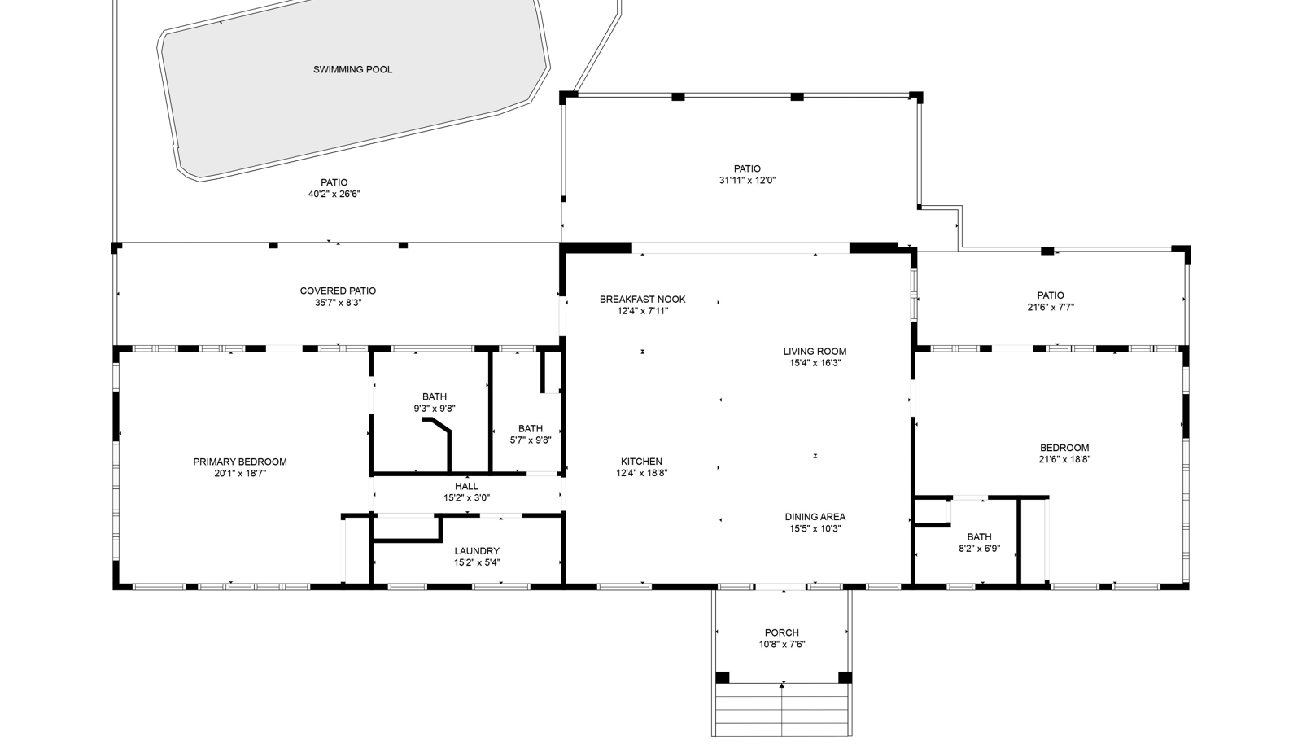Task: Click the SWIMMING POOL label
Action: click(353, 70)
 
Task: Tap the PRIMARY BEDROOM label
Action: click(240, 462)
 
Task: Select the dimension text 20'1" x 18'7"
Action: click(240, 474)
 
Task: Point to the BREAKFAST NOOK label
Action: click(643, 300)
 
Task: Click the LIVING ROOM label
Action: click(815, 352)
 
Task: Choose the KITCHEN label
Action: click(642, 462)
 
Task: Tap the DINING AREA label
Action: click(815, 517)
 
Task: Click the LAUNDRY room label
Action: click(477, 551)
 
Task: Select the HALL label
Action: click(467, 487)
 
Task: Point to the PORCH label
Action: click(782, 632)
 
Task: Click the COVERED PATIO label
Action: click(339, 291)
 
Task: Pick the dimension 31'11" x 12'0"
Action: click(748, 180)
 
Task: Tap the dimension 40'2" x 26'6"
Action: click(334, 194)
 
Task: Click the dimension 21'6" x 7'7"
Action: click(1051, 307)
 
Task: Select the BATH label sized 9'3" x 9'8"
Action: click(435, 397)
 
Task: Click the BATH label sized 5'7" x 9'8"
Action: click(531, 429)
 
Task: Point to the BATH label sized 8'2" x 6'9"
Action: click(980, 537)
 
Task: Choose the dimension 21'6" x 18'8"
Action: click(1065, 459)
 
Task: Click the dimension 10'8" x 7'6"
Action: click(782, 644)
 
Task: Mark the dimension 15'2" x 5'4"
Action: click(477, 562)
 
